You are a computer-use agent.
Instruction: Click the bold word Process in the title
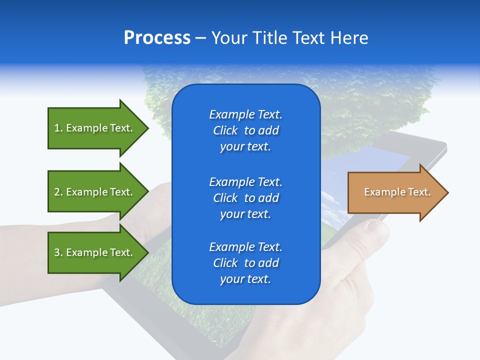coord(157,38)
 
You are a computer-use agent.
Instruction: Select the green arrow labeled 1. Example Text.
coord(95,128)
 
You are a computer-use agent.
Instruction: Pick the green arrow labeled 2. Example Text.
coord(95,192)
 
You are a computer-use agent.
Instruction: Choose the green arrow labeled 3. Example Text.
coord(95,252)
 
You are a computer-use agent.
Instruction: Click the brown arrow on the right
coord(395,192)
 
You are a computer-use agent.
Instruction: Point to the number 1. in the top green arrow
coord(58,128)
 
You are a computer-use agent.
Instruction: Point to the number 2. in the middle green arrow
coord(58,192)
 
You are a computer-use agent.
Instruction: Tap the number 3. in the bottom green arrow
coord(58,252)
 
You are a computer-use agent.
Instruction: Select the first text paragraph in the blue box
coord(245,130)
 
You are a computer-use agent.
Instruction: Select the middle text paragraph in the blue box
coord(245,197)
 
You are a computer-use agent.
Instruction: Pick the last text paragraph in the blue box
coord(245,263)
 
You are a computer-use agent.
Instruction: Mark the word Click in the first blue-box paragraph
coord(225,130)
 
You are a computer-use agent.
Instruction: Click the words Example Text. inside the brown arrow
coord(397,192)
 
